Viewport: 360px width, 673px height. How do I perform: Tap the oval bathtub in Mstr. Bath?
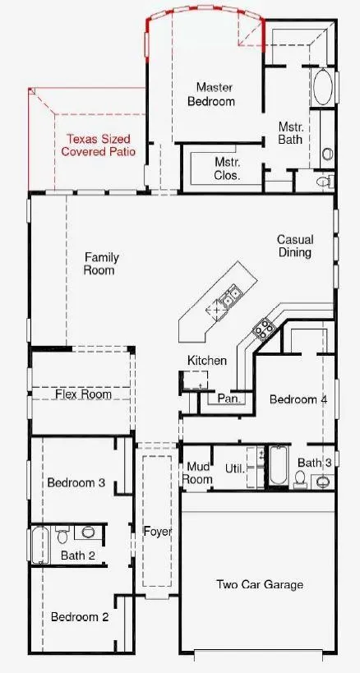click(323, 87)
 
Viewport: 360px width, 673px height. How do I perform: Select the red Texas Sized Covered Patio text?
click(99, 145)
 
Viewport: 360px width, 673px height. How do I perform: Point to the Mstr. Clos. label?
click(228, 168)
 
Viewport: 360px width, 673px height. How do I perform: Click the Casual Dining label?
click(295, 246)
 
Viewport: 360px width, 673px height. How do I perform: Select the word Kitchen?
click(207, 361)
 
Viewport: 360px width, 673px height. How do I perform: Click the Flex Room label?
click(84, 394)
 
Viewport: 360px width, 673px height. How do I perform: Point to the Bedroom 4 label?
click(298, 399)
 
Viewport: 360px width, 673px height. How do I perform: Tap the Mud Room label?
click(197, 472)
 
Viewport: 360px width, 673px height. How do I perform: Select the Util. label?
click(235, 468)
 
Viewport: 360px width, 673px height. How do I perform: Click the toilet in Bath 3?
click(300, 478)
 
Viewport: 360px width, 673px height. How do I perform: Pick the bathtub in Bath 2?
click(39, 545)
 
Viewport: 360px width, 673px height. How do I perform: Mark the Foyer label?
click(158, 532)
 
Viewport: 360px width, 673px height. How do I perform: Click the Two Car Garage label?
click(260, 584)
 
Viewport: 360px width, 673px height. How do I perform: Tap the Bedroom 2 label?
click(80, 617)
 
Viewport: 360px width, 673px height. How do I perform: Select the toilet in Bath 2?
click(62, 534)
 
